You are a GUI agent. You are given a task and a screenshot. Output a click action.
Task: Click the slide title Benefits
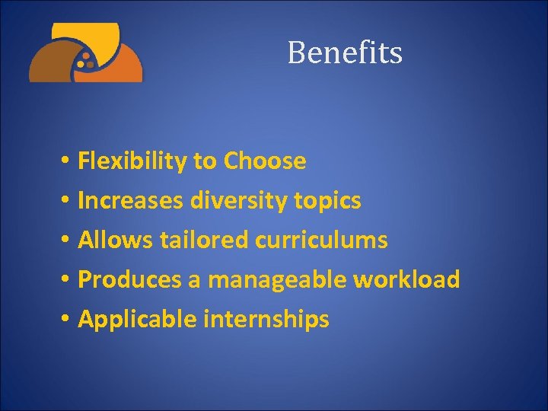click(345, 53)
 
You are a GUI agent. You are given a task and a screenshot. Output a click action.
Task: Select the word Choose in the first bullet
click(265, 161)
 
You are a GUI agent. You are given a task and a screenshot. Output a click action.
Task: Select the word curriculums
click(321, 241)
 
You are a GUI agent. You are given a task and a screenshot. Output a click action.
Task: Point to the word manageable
click(277, 280)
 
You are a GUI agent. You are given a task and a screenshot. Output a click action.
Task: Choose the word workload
click(406, 279)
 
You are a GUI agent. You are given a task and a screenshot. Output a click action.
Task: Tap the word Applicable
click(136, 320)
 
